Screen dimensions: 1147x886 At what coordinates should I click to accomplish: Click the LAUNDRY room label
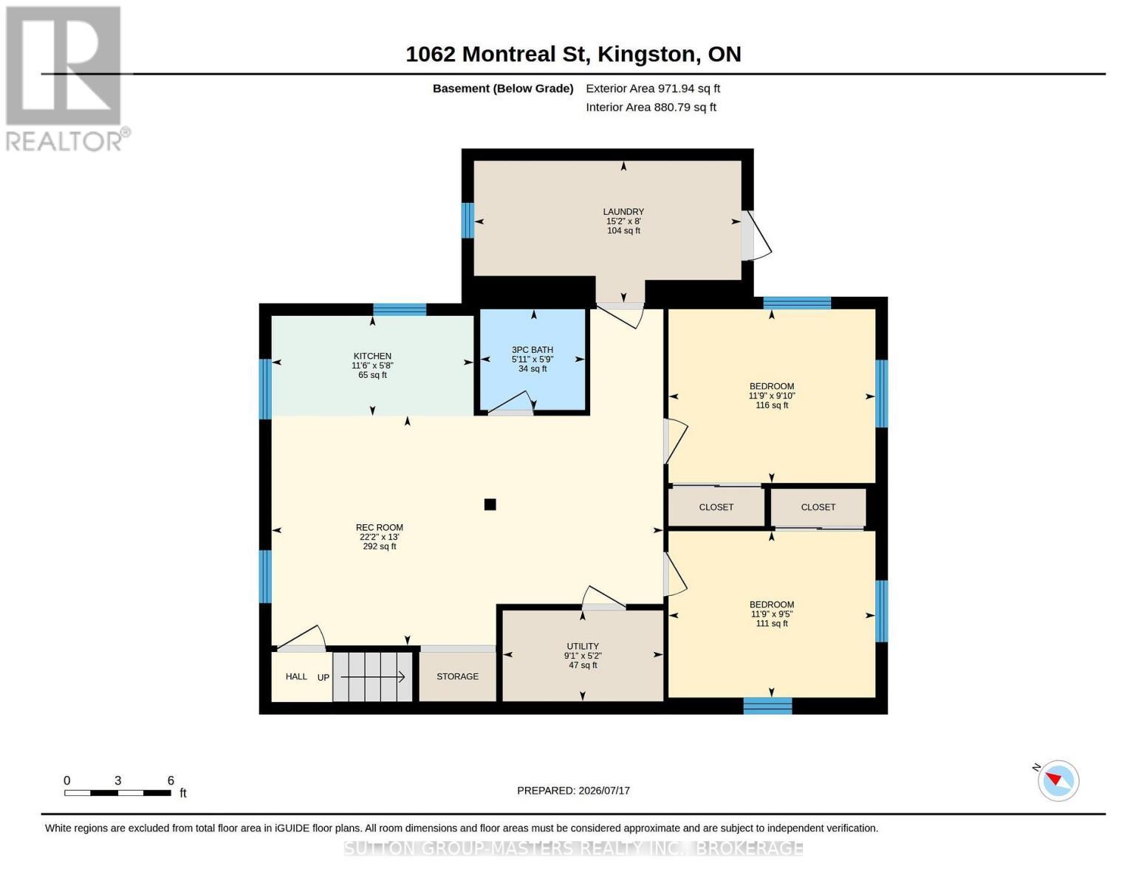click(x=623, y=212)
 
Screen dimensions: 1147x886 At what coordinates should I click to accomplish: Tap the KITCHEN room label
click(x=372, y=356)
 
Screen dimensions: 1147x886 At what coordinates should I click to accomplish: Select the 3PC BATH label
click(x=532, y=350)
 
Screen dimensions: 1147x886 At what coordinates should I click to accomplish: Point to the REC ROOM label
click(x=379, y=527)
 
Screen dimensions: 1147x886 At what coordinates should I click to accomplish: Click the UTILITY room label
click(x=582, y=647)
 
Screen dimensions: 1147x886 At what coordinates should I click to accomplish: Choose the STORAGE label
click(x=457, y=676)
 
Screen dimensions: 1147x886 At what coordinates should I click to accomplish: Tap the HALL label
click(x=296, y=676)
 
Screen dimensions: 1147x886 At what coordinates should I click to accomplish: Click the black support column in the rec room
click(x=490, y=504)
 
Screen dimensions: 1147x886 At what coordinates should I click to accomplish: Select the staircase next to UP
click(x=372, y=677)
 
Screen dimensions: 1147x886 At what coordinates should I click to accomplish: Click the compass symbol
click(x=1058, y=781)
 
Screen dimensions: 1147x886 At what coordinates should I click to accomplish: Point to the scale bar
click(x=117, y=793)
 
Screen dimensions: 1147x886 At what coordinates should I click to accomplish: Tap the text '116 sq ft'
click(x=772, y=405)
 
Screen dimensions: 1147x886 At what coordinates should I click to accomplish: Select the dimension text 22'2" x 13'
click(x=379, y=537)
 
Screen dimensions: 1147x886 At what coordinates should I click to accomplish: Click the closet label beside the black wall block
click(x=818, y=507)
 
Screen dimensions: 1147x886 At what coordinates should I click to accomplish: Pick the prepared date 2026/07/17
click(x=604, y=791)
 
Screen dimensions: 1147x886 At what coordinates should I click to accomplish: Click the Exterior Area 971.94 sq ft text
click(x=653, y=89)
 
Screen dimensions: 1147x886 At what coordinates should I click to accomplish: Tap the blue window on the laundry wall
click(x=467, y=221)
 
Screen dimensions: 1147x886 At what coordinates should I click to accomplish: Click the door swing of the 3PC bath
click(x=511, y=402)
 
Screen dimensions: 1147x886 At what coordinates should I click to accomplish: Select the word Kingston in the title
click(x=646, y=55)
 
